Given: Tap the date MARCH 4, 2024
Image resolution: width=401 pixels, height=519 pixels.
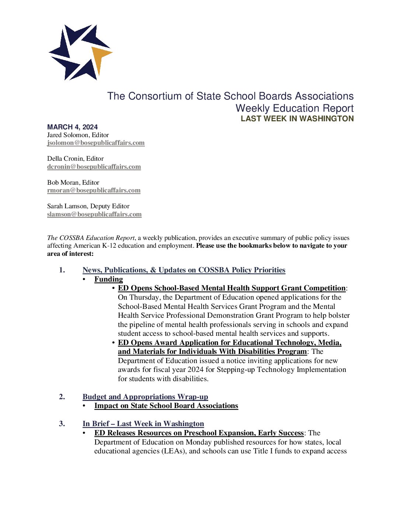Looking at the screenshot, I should pos(72,127).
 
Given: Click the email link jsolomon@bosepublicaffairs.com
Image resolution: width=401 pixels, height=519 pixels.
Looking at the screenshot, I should pos(96,143).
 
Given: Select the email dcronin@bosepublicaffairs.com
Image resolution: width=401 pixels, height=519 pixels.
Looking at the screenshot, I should pos(94,167).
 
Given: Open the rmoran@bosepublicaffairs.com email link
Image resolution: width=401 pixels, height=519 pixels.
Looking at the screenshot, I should pos(94,191).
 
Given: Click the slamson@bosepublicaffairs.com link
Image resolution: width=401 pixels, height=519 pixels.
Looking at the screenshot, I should pos(94,214).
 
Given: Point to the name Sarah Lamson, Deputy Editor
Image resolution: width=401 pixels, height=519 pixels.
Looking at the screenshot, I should pos(88,206).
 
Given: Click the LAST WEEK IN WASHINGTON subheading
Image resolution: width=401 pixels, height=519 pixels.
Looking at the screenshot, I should pos(297,119).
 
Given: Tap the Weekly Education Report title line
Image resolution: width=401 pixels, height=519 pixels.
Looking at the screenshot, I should pos(294,108).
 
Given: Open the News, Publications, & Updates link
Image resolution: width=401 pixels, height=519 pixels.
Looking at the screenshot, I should pos(184,270).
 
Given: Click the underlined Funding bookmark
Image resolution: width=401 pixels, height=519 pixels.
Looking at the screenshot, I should pos(108,279).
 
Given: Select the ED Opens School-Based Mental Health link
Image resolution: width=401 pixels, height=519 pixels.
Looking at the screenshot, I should pos(231,288).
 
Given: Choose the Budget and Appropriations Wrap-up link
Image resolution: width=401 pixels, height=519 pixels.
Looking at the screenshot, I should pos(145,397).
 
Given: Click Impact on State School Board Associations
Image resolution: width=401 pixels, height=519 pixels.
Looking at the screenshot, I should pos(166,406).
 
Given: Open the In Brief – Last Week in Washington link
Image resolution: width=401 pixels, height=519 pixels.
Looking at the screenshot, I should pos(143,424).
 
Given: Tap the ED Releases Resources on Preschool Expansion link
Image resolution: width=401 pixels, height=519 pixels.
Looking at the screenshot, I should pos(199,433).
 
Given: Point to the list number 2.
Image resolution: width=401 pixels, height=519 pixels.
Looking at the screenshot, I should pos(62,397).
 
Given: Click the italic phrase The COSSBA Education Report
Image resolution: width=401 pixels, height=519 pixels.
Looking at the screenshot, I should pos(91,238).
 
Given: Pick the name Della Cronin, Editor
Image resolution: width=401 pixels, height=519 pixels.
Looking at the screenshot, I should pos(75,159).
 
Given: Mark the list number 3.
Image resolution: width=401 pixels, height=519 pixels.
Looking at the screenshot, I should pos(62,424).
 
